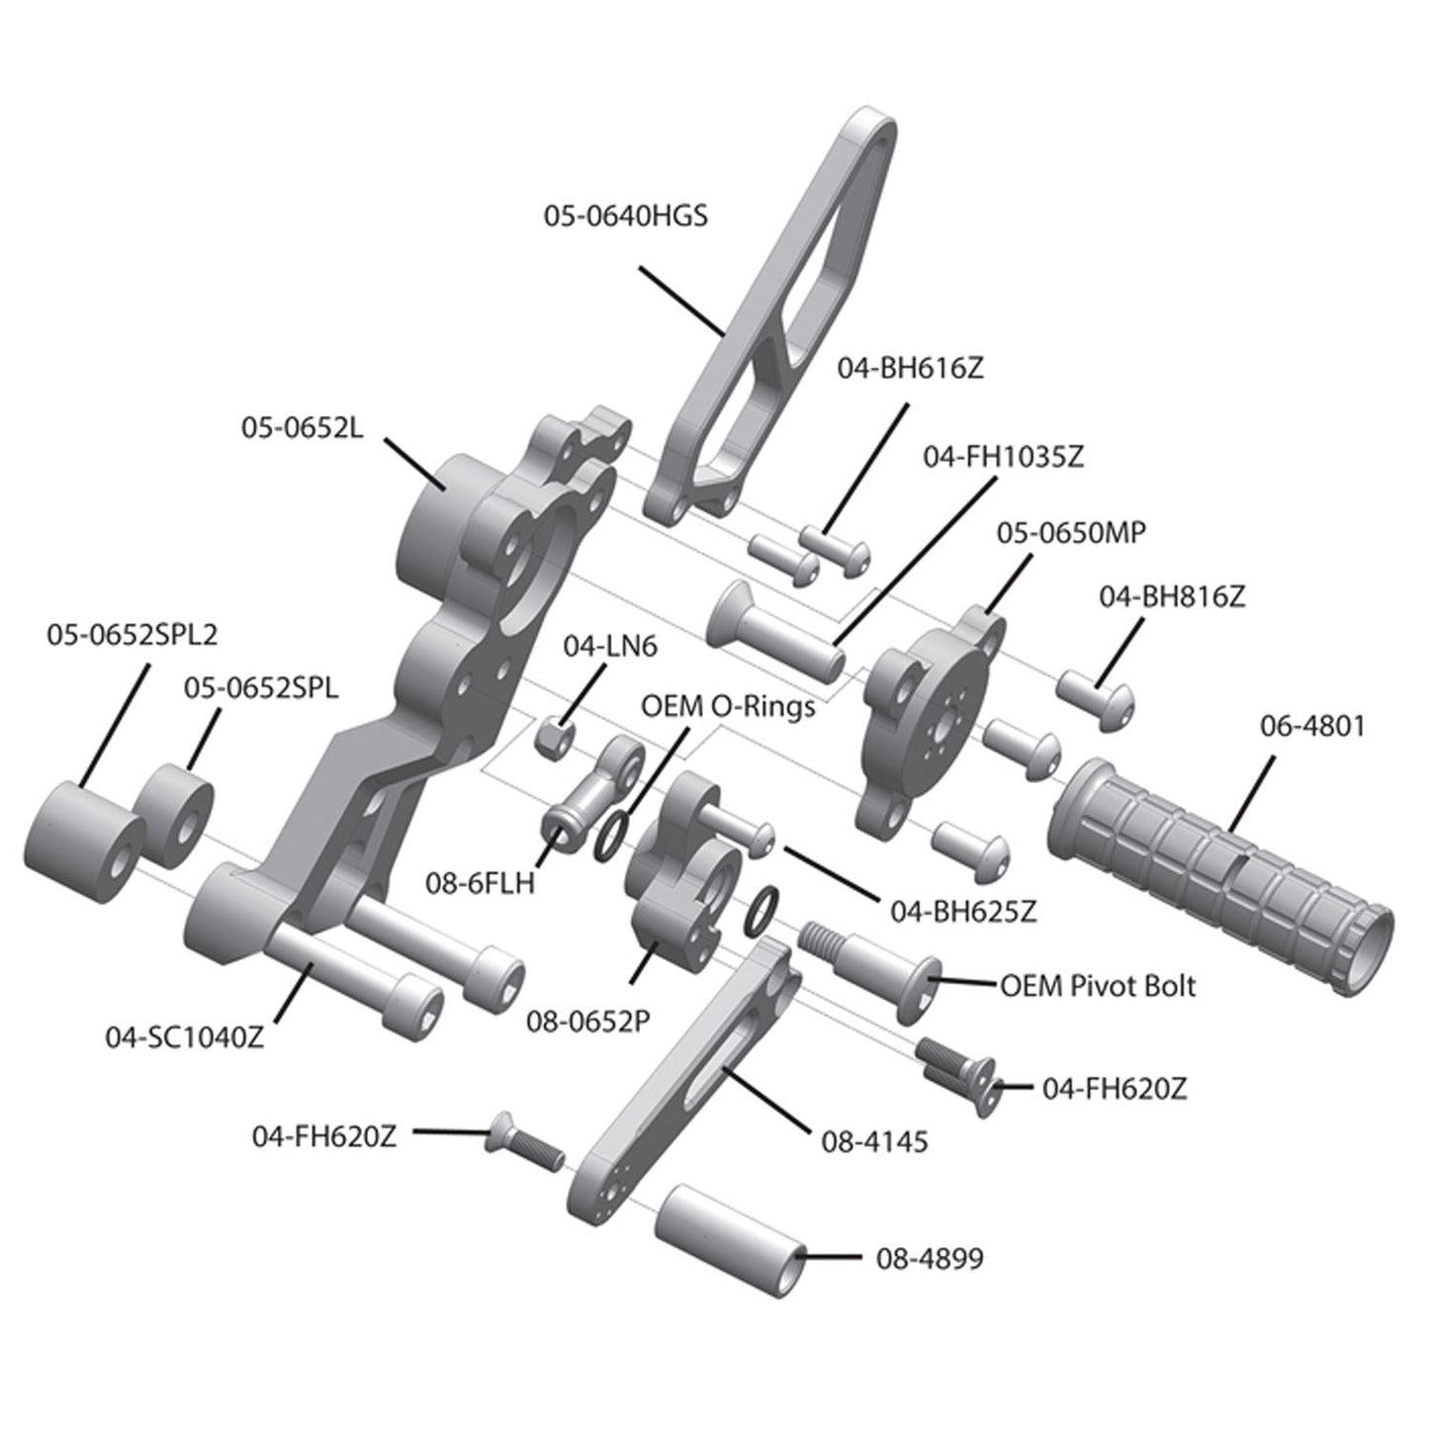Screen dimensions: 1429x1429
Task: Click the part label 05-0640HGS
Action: click(625, 216)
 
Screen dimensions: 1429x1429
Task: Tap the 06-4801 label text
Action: click(1311, 726)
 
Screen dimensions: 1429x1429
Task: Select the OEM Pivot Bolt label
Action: click(1098, 986)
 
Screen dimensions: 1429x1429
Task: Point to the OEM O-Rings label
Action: click(728, 707)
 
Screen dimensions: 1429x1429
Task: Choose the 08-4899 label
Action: click(930, 1259)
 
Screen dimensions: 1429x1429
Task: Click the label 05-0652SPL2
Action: click(132, 635)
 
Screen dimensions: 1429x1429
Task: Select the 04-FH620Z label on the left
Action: click(324, 1137)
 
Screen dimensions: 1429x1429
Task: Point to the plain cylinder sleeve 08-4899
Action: click(727, 1237)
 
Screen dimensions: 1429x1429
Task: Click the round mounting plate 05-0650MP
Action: click(930, 721)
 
